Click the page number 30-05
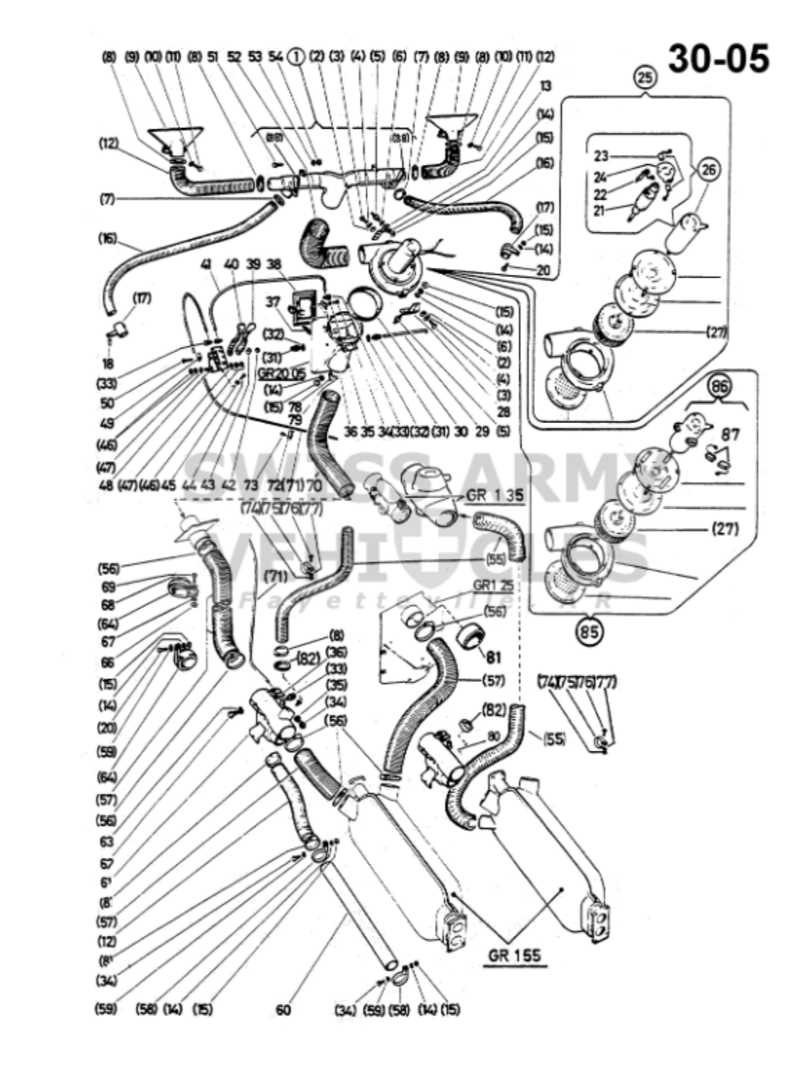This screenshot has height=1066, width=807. click(719, 58)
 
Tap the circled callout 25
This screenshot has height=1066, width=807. click(645, 78)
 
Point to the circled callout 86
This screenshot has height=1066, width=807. click(719, 387)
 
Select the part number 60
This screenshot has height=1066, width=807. click(283, 1010)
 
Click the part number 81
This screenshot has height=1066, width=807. click(493, 656)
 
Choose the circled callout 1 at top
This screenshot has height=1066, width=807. click(296, 57)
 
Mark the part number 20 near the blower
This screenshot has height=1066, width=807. click(543, 269)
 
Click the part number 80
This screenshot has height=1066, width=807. click(493, 735)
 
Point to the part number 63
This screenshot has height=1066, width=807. click(107, 842)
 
